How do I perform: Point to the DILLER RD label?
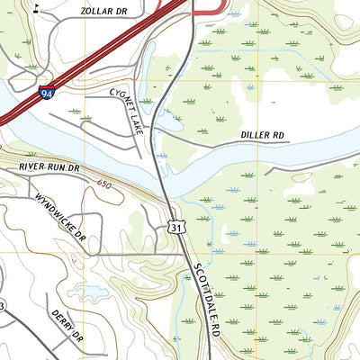[x=262, y=135]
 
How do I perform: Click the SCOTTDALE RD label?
[x=203, y=301]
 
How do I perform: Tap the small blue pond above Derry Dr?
[x=91, y=290]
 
